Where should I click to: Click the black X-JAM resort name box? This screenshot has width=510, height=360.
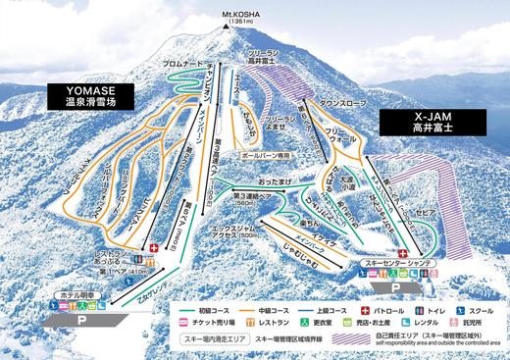click(x=416, y=121)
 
